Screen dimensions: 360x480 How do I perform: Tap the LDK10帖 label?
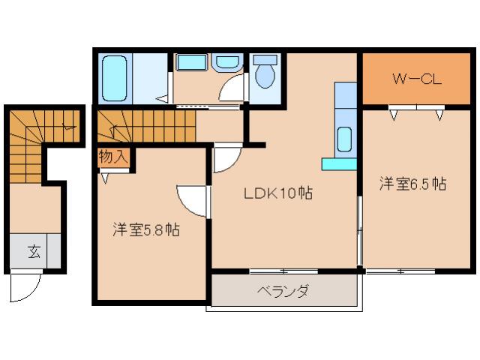tap(277, 193)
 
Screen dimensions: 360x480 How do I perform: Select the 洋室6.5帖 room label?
tap(412, 184)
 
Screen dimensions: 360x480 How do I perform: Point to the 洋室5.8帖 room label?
tap(145, 229)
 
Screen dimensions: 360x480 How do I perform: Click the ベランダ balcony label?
tap(282, 291)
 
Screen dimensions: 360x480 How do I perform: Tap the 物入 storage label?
tap(113, 157)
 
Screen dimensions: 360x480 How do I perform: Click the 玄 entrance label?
tap(34, 252)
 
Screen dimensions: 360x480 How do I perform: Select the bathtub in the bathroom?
tap(116, 78)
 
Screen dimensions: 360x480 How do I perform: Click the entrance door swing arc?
tap(26, 285)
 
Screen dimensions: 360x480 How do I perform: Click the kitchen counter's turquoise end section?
tap(338, 163)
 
